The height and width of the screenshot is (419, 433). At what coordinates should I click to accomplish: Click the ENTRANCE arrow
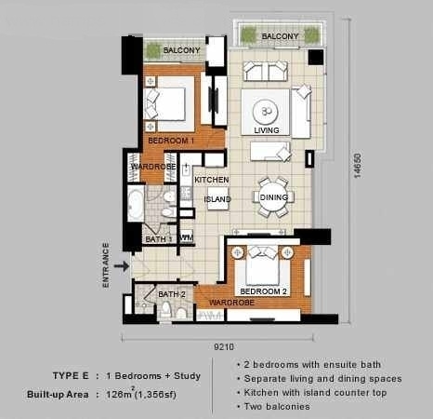[122, 266]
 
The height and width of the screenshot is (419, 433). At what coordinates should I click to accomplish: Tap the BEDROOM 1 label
[171, 141]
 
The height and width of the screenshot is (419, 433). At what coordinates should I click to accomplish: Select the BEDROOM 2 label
[263, 291]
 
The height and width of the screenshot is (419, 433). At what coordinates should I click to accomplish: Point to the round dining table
[274, 197]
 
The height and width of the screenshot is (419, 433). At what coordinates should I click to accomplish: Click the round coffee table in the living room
[265, 112]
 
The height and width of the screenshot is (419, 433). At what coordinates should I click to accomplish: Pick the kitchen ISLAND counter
[217, 198]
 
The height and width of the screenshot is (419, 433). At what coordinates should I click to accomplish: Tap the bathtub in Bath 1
[136, 204]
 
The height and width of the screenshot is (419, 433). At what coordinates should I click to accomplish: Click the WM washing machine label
[186, 238]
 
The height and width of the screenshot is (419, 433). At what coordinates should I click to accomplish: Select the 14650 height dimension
[358, 166]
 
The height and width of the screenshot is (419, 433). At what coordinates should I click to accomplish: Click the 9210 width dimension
[224, 346]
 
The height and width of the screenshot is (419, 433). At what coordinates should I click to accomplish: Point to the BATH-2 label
[172, 294]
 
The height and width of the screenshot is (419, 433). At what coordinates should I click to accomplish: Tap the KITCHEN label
[212, 180]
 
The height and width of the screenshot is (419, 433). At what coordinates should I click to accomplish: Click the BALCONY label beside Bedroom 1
[181, 50]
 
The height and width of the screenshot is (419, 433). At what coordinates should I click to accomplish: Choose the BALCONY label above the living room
[280, 36]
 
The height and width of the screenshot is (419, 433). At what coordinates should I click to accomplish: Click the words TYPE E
[71, 376]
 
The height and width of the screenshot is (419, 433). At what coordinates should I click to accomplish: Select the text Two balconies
[277, 406]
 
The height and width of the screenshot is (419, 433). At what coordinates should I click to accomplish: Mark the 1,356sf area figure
[156, 395]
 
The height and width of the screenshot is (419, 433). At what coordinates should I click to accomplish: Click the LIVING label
[267, 130]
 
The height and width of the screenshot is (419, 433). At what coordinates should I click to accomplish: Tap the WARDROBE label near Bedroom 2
[231, 303]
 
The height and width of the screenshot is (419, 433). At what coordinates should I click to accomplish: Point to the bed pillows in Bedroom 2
[263, 252]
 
